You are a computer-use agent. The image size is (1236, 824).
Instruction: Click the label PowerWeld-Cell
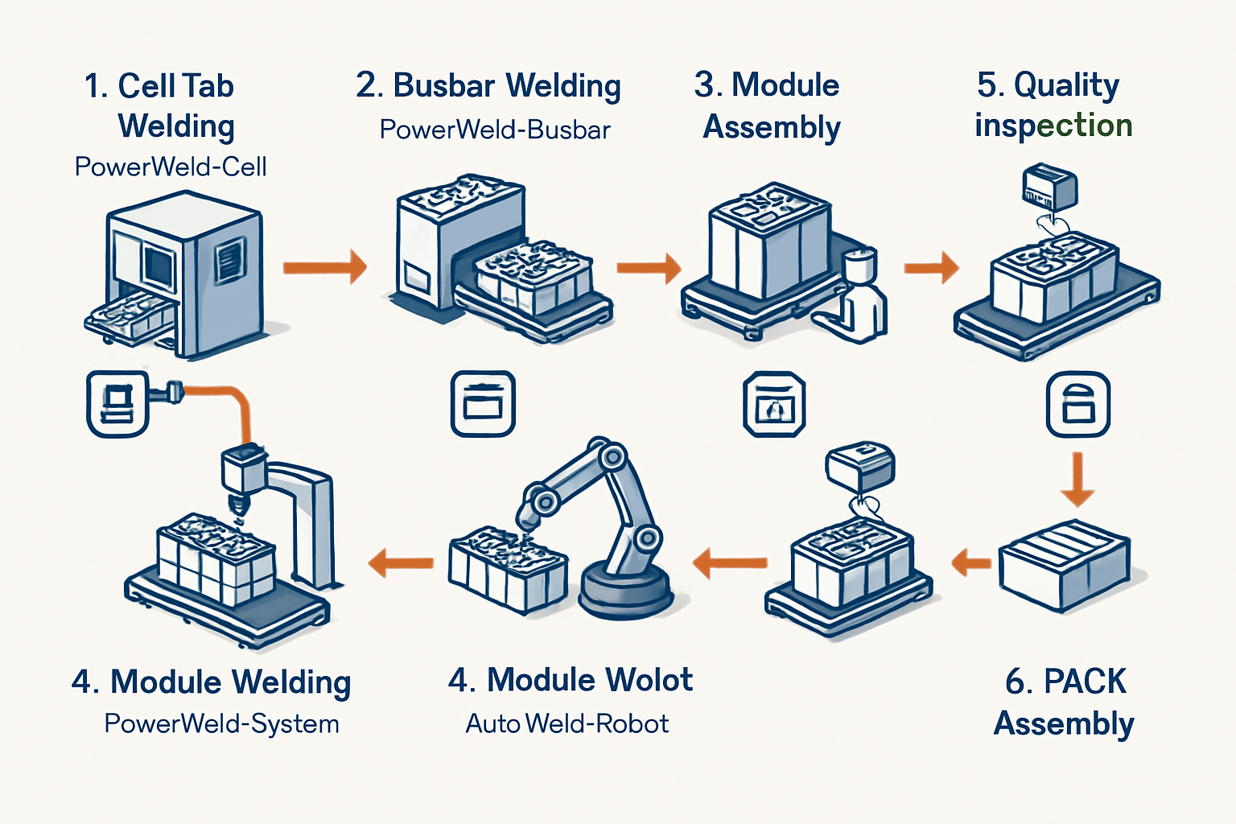[x=171, y=167]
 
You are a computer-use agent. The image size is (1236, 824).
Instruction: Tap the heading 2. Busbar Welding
[x=488, y=85]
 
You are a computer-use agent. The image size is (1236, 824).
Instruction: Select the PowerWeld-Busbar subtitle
[x=495, y=130]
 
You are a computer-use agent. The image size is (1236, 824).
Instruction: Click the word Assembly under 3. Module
[x=772, y=127]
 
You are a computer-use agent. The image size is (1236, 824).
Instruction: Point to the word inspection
[x=1053, y=126]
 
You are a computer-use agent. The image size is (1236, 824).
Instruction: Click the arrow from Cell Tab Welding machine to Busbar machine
[x=324, y=266]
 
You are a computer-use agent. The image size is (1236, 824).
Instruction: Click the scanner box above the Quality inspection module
[x=1049, y=187]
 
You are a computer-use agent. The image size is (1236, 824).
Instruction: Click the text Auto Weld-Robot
[x=567, y=723]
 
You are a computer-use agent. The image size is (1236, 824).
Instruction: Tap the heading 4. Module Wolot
[x=571, y=680]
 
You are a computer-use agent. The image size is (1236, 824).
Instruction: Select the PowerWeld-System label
[x=222, y=723]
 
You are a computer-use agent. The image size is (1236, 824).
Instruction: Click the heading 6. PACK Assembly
[x=1065, y=702]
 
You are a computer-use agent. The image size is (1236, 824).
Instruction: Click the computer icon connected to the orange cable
[x=117, y=403]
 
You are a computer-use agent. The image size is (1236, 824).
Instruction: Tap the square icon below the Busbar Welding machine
[x=483, y=403]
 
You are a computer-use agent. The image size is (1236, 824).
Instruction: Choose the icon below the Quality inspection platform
[x=1077, y=403]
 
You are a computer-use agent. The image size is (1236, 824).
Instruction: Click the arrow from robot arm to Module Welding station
[x=401, y=562]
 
